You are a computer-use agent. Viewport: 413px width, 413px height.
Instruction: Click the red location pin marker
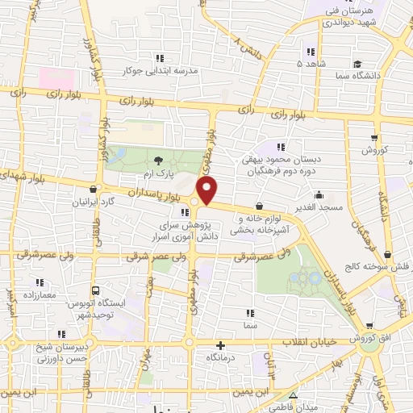208,191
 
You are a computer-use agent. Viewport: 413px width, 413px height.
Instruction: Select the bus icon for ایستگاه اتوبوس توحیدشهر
96,290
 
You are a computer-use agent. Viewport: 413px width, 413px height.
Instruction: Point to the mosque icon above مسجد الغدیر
319,194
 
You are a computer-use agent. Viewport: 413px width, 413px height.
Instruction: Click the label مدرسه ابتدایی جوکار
160,70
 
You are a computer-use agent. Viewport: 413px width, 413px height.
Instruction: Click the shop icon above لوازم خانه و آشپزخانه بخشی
259,206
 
